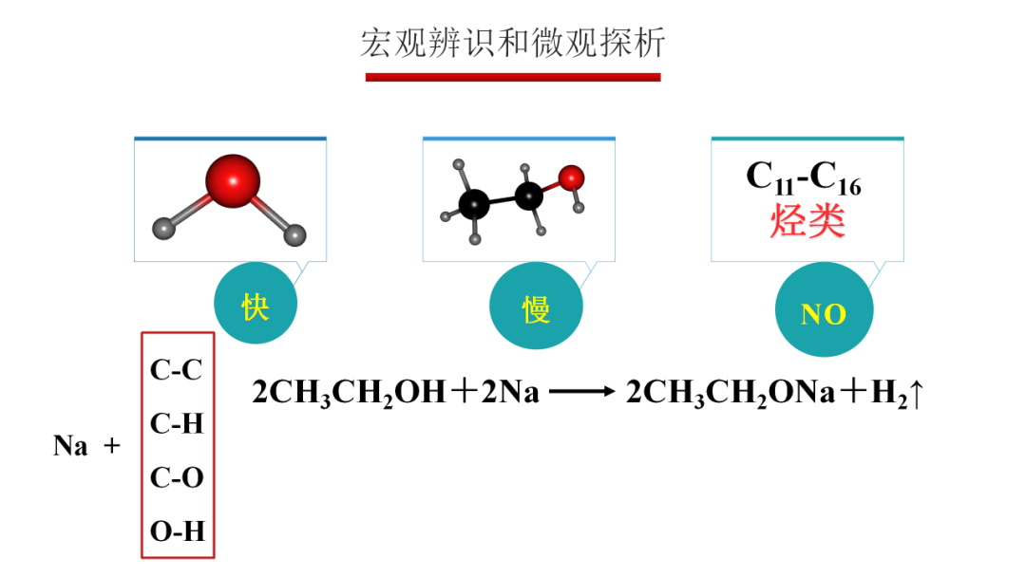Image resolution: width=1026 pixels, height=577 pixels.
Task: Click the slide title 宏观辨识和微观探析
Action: pyautogui.click(x=512, y=43)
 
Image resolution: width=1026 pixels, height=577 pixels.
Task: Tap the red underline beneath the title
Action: pyautogui.click(x=512, y=76)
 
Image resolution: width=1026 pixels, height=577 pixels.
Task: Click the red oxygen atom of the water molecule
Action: pyautogui.click(x=232, y=180)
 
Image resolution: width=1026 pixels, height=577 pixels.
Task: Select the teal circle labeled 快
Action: pyautogui.click(x=256, y=307)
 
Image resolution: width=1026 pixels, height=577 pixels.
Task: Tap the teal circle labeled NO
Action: pyautogui.click(x=823, y=313)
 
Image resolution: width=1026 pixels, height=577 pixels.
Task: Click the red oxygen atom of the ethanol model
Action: pyautogui.click(x=571, y=177)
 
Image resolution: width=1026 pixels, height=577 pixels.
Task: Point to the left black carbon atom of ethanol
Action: pyautogui.click(x=474, y=202)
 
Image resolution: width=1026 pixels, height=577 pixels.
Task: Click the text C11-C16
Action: pyautogui.click(x=804, y=177)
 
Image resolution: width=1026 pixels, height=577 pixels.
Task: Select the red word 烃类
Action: pyautogui.click(x=806, y=221)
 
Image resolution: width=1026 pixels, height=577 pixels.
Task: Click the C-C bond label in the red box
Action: pyautogui.click(x=177, y=369)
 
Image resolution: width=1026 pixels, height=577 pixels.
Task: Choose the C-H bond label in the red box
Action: pyautogui.click(x=177, y=423)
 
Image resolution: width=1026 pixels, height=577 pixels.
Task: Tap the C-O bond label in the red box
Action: pyautogui.click(x=177, y=477)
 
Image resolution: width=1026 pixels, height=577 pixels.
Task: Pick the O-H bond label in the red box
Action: pyautogui.click(x=177, y=531)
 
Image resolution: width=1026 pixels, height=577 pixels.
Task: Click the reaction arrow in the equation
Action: pyautogui.click(x=582, y=391)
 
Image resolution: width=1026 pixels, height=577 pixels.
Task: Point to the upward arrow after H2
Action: pyautogui.click(x=916, y=392)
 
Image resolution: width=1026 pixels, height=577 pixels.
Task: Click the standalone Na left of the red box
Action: pyautogui.click(x=70, y=445)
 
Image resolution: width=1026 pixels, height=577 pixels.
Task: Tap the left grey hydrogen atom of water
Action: pyautogui.click(x=164, y=228)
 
